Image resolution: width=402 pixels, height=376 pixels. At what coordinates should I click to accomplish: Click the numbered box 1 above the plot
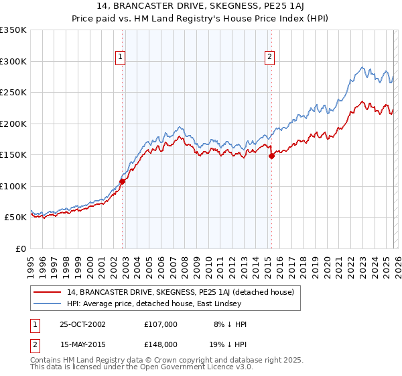[120, 57]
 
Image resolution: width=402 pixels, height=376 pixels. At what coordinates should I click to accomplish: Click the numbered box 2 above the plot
[269, 57]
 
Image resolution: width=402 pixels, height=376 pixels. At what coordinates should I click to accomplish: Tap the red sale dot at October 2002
[123, 181]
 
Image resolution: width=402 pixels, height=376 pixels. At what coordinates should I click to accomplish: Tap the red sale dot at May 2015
[271, 156]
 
